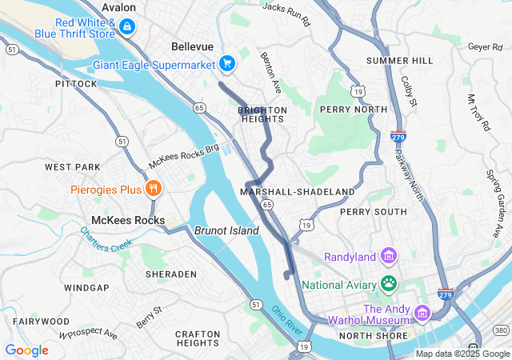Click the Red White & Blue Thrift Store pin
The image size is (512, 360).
point(126,27)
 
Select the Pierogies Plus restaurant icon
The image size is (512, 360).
point(153,189)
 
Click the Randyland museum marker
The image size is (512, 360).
point(389,256)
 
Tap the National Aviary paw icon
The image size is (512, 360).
point(389,282)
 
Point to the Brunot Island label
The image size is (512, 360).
point(226,230)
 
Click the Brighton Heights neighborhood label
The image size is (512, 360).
point(262,114)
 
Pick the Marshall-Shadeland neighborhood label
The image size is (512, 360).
point(297,192)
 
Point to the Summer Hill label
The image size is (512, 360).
point(399,61)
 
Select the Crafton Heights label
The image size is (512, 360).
point(198,338)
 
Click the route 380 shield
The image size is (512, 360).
point(501,330)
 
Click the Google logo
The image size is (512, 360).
point(26,350)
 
